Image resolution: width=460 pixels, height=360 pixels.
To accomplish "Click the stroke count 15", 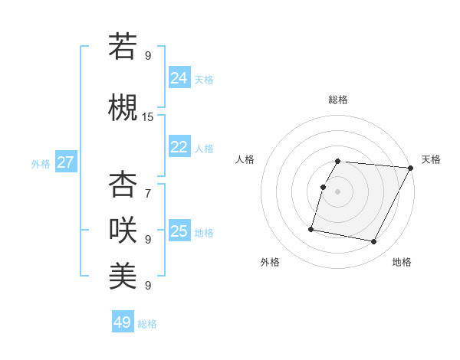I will tap(148, 116).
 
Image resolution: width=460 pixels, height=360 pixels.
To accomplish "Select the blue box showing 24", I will tap(179, 77).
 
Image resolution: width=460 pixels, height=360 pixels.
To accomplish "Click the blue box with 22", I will tap(179, 147).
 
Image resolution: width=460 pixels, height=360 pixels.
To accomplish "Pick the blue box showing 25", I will tap(179, 231).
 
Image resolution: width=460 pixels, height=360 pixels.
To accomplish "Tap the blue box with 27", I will tap(66, 162).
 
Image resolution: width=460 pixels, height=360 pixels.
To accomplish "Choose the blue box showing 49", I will tap(123, 322).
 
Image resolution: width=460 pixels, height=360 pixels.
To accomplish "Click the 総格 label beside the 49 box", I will tap(148, 324).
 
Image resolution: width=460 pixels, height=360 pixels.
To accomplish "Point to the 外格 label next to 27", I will tap(41, 164).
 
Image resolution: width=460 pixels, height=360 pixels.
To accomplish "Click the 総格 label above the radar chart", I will tap(338, 100).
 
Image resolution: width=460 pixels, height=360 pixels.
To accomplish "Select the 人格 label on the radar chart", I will tap(245, 159).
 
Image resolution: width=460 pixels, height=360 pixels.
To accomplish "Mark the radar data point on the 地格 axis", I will tap(374, 242).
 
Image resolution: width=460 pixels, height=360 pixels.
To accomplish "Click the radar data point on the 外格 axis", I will tap(311, 228).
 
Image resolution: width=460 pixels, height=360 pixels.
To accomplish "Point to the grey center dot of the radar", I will tap(338, 191).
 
